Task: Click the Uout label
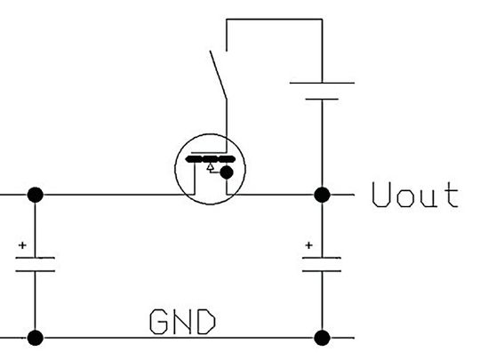pos(415,195)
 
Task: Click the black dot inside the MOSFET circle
pos(228,172)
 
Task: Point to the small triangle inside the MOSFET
pos(210,166)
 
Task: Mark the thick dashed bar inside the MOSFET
pos(210,157)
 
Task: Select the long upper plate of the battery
pos(322,83)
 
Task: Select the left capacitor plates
pos(36,264)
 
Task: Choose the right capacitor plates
pos(322,264)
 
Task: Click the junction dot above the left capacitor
pos(36,195)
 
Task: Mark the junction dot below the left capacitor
pos(36,338)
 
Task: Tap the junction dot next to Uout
pos(322,195)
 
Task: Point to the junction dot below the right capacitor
pos(322,338)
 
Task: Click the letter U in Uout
pos(381,195)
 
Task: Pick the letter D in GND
pos(208,321)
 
